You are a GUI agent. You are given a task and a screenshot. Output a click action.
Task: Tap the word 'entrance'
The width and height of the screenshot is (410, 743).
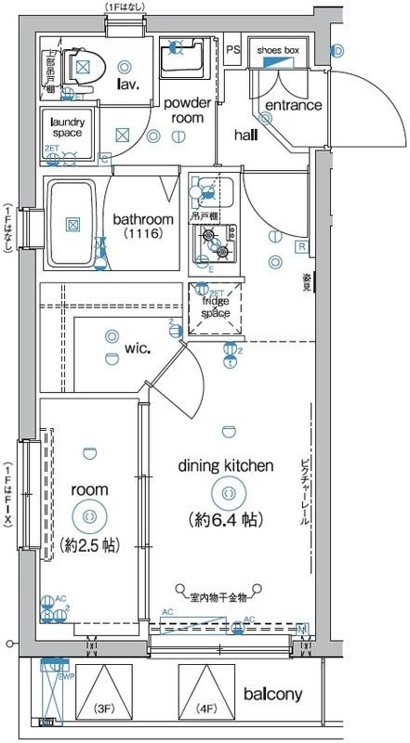click(293, 105)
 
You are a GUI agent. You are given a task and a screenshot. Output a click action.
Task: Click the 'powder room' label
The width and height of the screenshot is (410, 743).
click(188, 111)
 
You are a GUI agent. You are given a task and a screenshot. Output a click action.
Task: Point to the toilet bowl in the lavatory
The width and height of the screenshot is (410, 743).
click(86, 64)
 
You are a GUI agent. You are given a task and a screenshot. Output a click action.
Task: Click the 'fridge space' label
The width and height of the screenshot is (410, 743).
click(215, 307)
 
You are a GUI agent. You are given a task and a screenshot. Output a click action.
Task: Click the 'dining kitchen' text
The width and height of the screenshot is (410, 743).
click(226, 465)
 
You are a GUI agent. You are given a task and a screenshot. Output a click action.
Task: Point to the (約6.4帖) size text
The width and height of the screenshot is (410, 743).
click(226, 519)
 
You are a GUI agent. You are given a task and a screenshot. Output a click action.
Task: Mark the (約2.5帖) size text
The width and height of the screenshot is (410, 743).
click(88, 544)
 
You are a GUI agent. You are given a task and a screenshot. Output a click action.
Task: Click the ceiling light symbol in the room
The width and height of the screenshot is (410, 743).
click(88, 515)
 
